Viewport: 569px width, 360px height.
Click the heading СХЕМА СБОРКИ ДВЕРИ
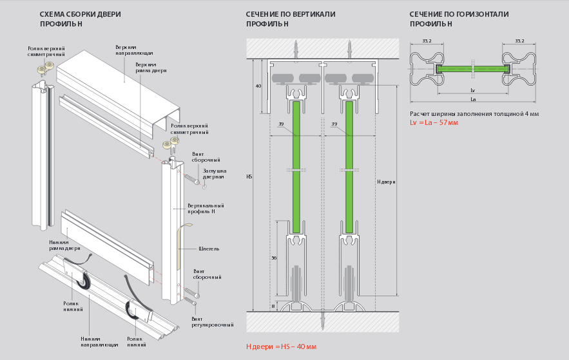(x=80, y=14)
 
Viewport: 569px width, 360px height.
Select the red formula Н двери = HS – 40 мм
(x=281, y=346)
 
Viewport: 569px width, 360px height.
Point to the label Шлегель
(x=209, y=248)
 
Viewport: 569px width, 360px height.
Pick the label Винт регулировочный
(x=212, y=322)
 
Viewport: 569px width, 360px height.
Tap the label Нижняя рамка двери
(x=64, y=245)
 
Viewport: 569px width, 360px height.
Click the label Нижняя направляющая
(x=99, y=341)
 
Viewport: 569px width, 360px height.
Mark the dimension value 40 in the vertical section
(x=258, y=86)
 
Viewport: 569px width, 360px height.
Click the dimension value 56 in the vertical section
(x=273, y=258)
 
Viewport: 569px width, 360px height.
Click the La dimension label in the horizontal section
(x=473, y=99)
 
